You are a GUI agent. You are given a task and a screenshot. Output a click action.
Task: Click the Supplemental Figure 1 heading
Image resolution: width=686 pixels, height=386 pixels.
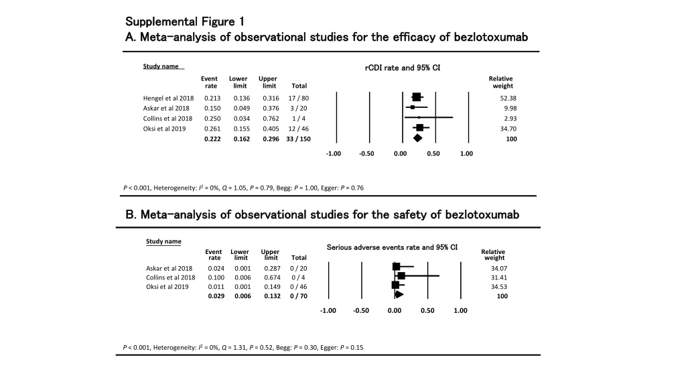pos(185,21)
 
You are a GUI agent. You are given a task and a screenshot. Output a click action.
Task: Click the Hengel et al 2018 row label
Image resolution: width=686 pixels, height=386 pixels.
pos(168,98)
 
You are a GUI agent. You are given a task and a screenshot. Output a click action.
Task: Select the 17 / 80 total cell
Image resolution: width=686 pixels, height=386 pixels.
pos(298,98)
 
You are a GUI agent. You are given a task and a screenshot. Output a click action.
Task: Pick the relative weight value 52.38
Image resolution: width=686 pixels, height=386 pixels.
pos(508,98)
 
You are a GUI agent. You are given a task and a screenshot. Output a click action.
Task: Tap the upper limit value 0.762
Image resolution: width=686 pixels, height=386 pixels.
pos(271,118)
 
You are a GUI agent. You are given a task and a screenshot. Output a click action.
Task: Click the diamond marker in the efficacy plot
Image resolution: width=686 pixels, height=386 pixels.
pos(417,138)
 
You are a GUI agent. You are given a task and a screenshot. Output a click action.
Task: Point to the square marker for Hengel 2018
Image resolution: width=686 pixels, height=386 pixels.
pos(417,97)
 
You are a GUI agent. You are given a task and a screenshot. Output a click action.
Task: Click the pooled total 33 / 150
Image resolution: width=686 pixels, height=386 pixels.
pos(298,139)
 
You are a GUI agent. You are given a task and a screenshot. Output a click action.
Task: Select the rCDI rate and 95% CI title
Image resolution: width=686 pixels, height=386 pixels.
pos(403,68)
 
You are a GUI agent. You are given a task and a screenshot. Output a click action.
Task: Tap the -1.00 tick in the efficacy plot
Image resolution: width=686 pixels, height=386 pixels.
pos(334,153)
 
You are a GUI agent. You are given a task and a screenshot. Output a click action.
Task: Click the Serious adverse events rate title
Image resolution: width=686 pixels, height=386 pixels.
pos(392,247)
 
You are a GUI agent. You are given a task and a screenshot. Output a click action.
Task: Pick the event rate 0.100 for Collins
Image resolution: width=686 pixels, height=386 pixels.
pos(216,277)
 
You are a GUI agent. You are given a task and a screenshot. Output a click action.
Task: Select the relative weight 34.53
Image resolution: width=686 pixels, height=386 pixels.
pos(498,287)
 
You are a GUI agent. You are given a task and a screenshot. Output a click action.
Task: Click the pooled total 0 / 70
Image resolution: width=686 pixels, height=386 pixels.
pos(298,296)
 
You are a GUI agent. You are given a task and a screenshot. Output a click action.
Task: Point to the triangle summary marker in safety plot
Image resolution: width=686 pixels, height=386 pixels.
pos(399,295)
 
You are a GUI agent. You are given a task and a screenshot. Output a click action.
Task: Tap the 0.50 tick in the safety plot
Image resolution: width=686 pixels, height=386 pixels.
pos(427,310)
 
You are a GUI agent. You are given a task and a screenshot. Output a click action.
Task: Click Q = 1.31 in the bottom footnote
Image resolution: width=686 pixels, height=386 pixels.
pos(234,348)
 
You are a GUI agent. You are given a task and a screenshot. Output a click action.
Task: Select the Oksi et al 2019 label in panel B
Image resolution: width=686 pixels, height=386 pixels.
pos(167,287)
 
